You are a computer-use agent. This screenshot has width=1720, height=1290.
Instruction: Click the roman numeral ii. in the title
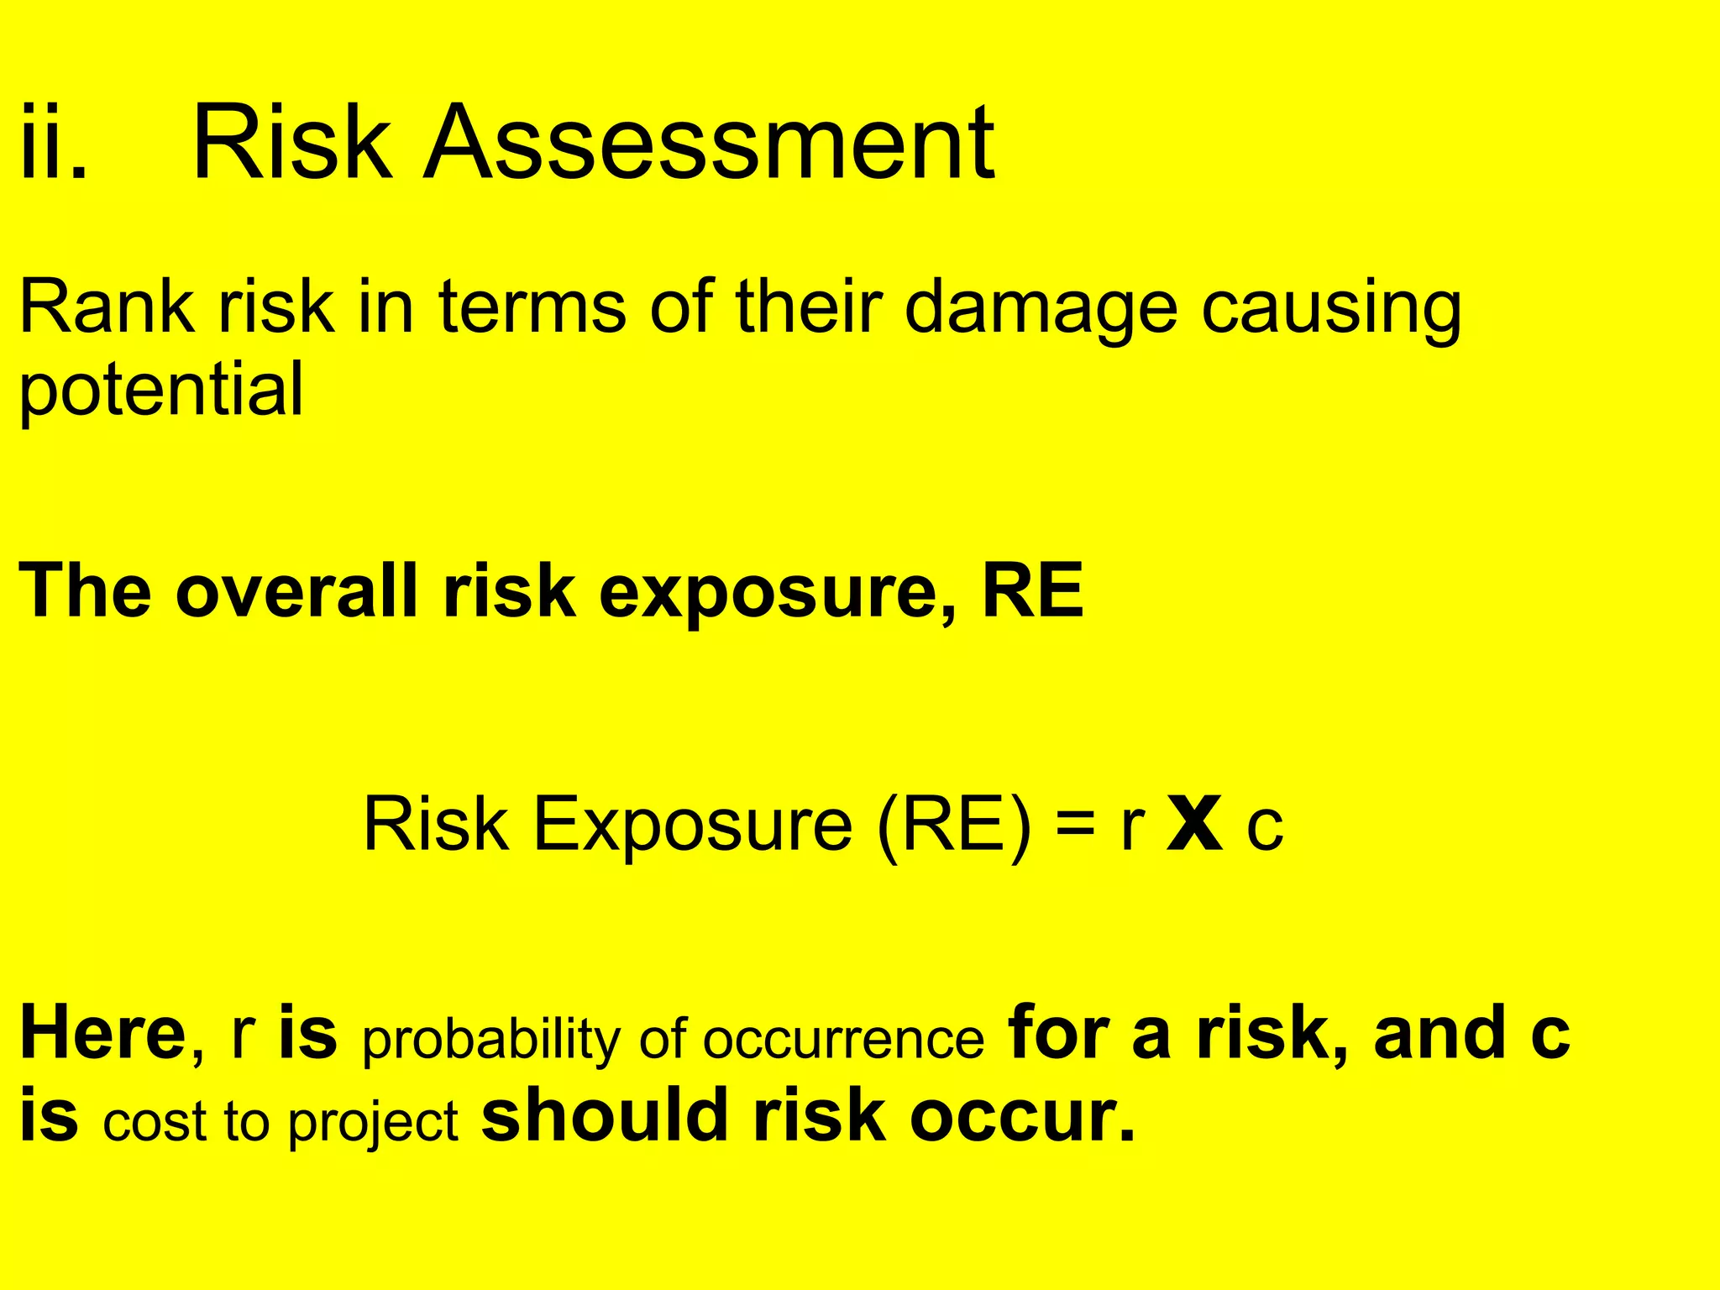(x=53, y=143)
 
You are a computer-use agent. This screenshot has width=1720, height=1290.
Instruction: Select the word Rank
(x=107, y=307)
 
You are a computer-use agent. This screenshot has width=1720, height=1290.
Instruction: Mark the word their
(x=810, y=307)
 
